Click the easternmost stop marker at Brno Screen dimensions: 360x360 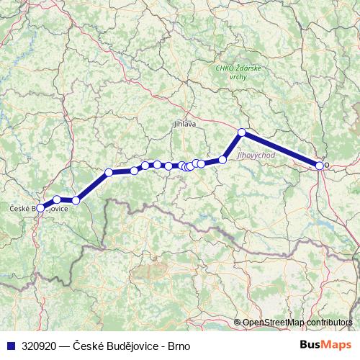(x=320, y=166)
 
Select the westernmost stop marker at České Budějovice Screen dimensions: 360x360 (x=40, y=207)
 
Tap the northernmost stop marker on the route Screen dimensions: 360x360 (x=242, y=132)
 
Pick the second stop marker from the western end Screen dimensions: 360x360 (x=57, y=199)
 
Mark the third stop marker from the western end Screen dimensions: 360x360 (x=76, y=200)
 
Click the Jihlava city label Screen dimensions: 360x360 (x=185, y=124)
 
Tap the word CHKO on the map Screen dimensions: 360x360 (x=225, y=68)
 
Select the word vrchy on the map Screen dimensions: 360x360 (x=238, y=76)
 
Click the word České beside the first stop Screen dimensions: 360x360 (x=18, y=209)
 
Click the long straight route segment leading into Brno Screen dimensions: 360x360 (x=281, y=149)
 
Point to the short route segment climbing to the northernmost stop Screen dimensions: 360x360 (x=233, y=145)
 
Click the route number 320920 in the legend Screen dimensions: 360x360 (x=39, y=346)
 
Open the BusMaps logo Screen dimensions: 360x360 (x=330, y=345)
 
